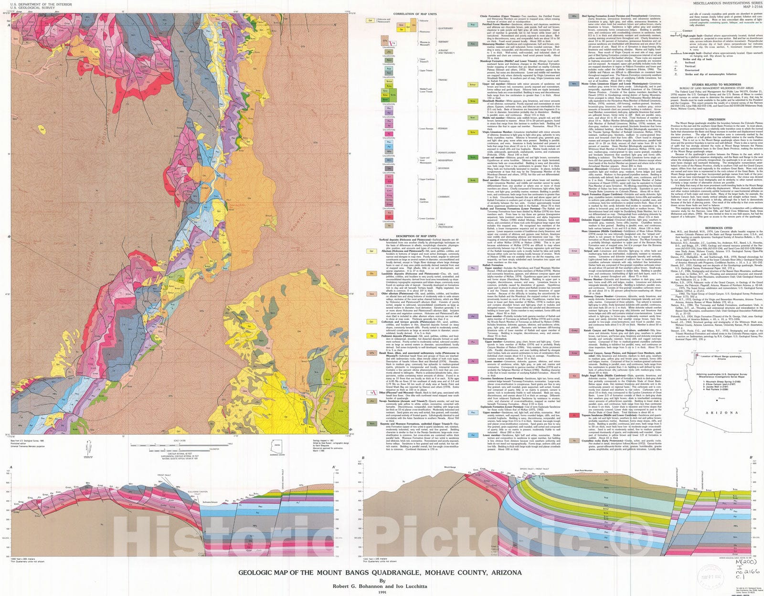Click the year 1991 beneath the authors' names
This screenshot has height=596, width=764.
click(x=382, y=592)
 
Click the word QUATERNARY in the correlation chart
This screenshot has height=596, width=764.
click(x=445, y=28)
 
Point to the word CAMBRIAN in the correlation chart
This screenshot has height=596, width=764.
click(x=444, y=196)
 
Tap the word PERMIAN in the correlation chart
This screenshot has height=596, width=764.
click(x=444, y=128)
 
